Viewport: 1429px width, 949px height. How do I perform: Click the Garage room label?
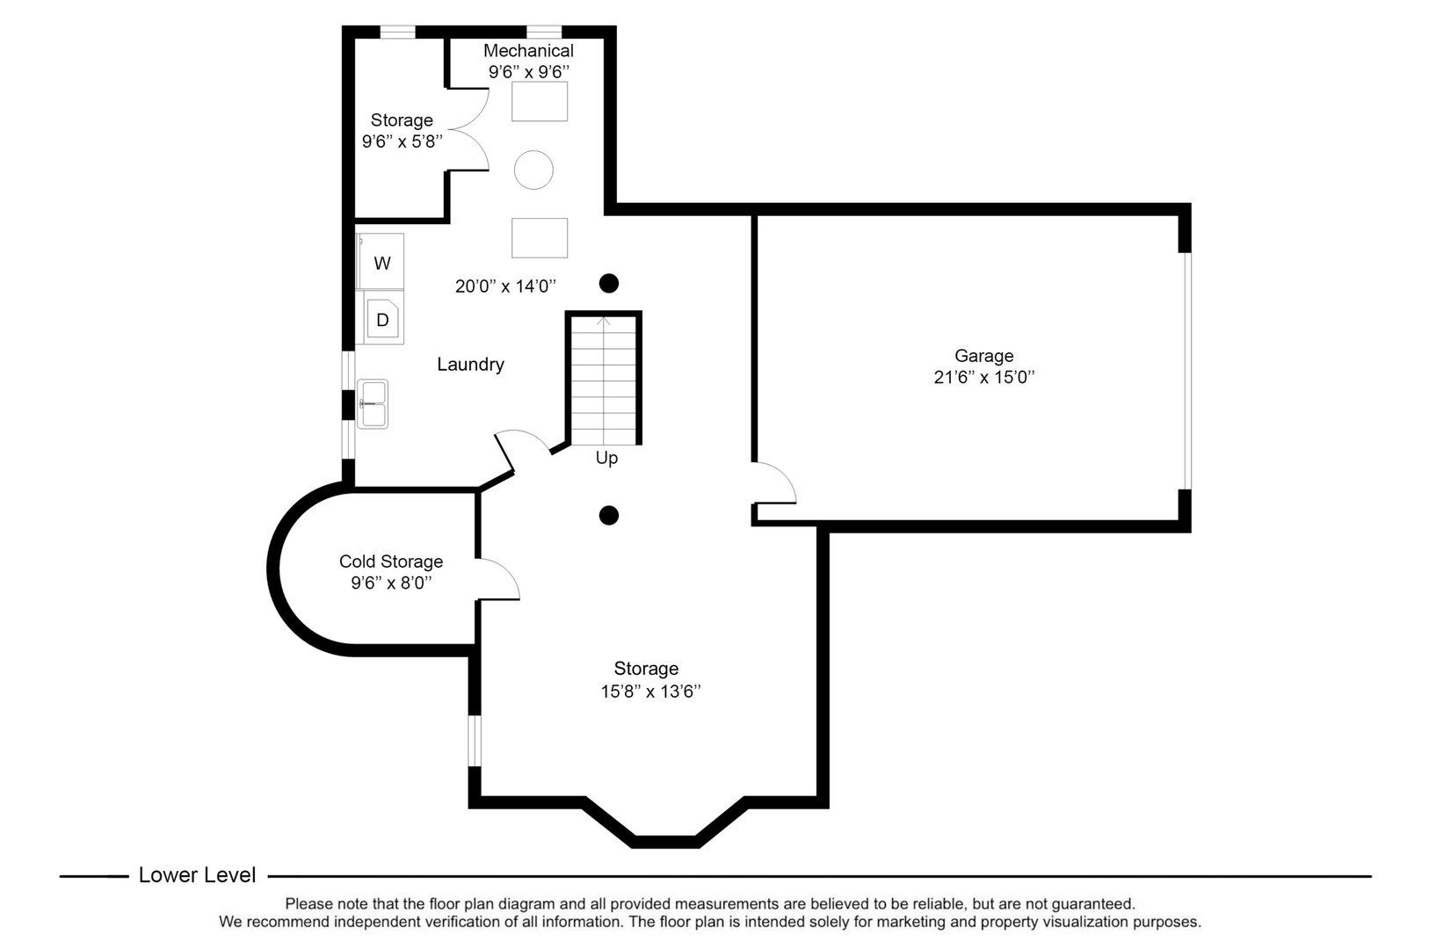(983, 356)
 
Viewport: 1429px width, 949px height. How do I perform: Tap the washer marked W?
(381, 263)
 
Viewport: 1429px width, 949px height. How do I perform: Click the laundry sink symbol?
(373, 404)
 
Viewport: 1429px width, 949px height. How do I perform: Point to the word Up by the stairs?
(606, 459)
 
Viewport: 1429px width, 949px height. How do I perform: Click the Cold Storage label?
(391, 561)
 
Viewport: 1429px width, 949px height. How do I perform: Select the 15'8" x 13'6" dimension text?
(650, 692)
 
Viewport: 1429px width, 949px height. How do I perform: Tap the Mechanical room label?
(528, 51)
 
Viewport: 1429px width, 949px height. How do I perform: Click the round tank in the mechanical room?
(533, 170)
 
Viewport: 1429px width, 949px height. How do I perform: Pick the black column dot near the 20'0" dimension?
(608, 284)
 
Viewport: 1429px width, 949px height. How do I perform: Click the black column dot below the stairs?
(608, 516)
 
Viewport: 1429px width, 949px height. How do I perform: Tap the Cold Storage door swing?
(498, 581)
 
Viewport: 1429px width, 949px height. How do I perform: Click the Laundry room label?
(470, 365)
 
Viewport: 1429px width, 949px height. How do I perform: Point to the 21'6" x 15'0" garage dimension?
(983, 378)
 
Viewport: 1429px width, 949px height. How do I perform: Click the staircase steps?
(604, 382)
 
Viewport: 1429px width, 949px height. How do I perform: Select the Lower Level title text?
(197, 875)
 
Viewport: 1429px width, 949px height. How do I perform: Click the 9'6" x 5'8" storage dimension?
(402, 141)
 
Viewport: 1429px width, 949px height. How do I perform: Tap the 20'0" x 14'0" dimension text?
(506, 286)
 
